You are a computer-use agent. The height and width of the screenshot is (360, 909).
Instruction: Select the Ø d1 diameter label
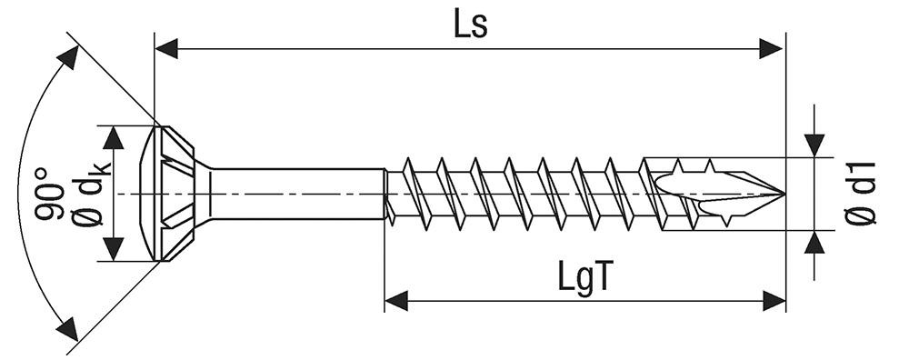click(860, 193)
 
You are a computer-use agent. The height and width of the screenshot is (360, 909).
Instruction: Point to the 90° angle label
click(49, 194)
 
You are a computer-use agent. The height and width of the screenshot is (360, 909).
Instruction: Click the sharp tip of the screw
click(785, 194)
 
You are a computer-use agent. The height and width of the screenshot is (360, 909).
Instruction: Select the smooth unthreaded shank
click(297, 194)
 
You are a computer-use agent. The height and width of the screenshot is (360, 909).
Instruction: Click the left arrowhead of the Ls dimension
click(167, 49)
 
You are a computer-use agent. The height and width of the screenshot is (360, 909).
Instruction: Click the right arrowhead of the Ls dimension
click(772, 49)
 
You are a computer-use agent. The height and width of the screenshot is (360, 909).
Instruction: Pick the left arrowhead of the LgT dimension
click(396, 301)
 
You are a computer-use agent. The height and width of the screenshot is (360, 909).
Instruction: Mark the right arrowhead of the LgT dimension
click(774, 301)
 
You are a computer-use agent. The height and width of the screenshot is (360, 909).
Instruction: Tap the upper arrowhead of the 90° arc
click(68, 58)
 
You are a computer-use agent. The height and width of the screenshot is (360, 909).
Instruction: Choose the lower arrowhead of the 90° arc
click(67, 328)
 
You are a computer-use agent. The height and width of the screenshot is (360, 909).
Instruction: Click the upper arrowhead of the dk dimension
click(114, 138)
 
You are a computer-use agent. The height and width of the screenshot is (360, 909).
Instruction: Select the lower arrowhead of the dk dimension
click(114, 249)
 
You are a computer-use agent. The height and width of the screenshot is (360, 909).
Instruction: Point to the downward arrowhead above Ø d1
click(814, 145)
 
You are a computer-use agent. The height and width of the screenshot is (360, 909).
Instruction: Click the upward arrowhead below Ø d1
click(814, 243)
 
